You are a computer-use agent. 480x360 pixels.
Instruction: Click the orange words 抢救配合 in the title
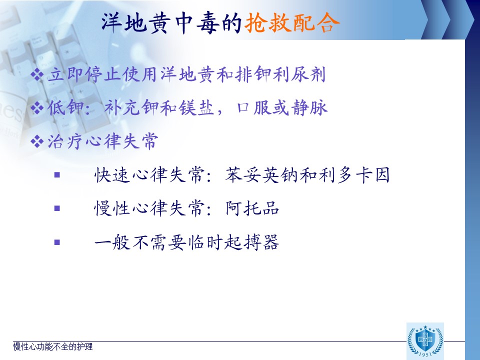[x=292, y=23]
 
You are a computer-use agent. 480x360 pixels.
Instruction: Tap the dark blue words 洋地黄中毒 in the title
[x=160, y=23]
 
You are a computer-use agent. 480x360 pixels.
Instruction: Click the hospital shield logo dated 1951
[x=425, y=340]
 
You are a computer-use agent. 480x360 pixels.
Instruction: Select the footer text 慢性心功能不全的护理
[x=52, y=346]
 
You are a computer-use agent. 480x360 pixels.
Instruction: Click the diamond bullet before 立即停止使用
[x=37, y=74]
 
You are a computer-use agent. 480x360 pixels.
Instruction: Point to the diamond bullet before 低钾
[x=37, y=108]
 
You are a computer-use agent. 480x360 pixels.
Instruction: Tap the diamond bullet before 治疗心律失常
[x=37, y=141]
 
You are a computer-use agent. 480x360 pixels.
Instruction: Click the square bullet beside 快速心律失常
[x=57, y=175]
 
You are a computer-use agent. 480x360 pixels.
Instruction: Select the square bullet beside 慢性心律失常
[x=57, y=208]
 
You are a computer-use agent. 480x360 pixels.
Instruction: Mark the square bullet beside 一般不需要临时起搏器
[x=57, y=242]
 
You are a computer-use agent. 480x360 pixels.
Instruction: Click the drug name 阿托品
[x=252, y=208]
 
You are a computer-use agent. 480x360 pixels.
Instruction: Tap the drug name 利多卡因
[x=354, y=175]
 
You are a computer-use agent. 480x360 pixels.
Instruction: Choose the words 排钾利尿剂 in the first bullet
[x=280, y=74]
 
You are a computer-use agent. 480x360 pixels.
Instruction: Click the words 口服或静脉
[x=282, y=108]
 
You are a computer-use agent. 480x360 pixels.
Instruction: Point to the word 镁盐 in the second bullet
[x=196, y=108]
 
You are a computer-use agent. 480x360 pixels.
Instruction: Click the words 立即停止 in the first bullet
[x=84, y=74]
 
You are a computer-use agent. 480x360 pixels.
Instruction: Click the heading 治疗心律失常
[x=103, y=141]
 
